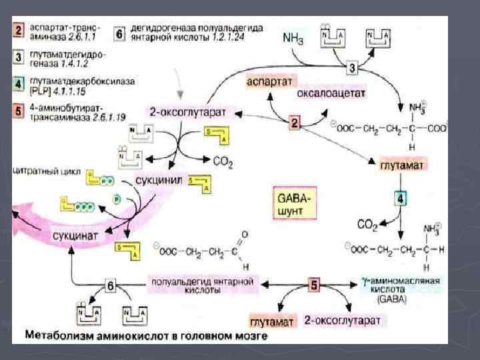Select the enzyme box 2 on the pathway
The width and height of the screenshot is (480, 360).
point(296,123)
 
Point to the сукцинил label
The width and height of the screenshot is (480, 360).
point(159,180)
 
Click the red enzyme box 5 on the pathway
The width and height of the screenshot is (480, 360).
point(313,285)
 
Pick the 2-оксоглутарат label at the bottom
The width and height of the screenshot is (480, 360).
point(343,321)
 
